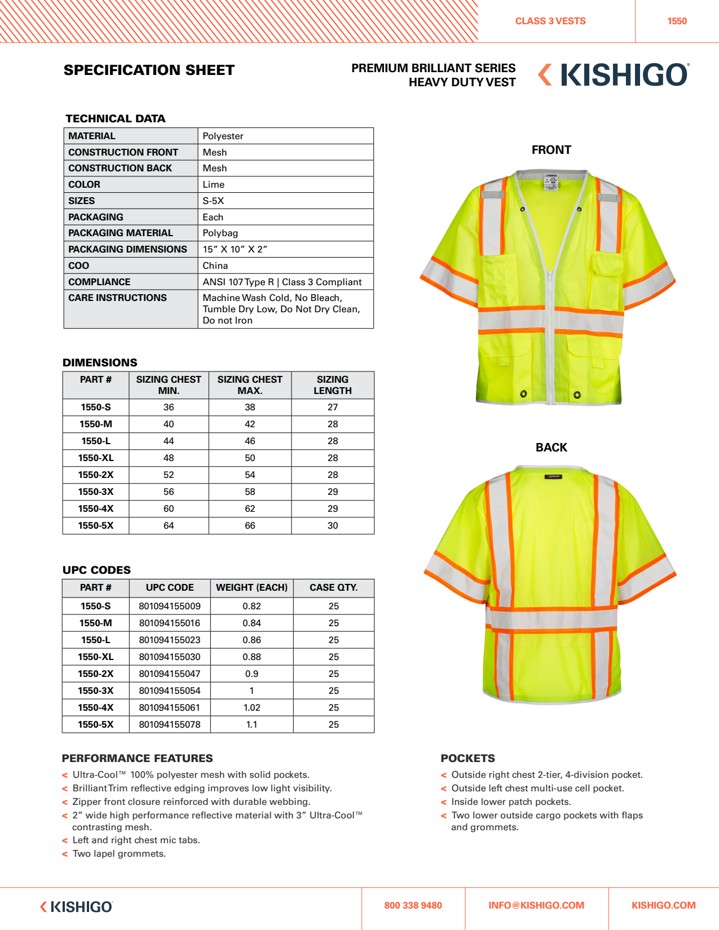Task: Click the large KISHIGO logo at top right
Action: point(614,75)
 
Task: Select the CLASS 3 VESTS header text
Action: point(550,21)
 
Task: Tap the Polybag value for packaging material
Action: point(220,233)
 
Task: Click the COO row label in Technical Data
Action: point(79,265)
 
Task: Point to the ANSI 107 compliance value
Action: point(282,282)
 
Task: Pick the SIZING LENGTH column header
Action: point(333,385)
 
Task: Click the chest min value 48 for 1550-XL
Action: point(169,458)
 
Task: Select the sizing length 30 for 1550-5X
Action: point(333,526)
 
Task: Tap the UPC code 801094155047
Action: point(170,674)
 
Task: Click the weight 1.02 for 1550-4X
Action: point(252,708)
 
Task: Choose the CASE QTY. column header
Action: point(333,588)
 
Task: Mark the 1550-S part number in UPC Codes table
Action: point(96,606)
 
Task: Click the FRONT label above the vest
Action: point(551,150)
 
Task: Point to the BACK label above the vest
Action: point(551,448)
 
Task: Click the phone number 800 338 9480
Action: point(413,906)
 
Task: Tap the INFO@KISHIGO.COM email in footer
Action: point(536,906)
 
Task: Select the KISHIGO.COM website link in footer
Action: point(663,906)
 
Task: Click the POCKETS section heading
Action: point(467,759)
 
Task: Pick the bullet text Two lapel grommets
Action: point(119,854)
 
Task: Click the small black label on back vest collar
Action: point(553,477)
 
